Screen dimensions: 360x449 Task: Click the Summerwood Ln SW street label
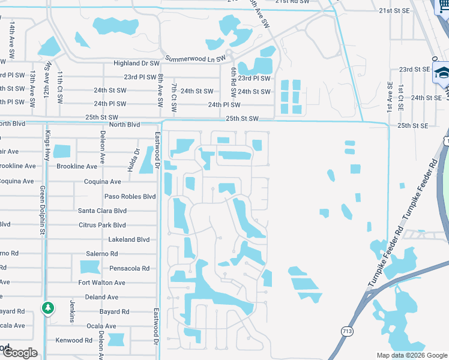click(x=194, y=58)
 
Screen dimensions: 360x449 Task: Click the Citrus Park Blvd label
click(x=102, y=225)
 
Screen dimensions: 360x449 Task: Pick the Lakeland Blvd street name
click(x=128, y=239)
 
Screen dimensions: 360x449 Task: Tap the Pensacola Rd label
click(x=129, y=268)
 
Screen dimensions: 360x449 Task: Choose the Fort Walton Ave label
click(x=101, y=283)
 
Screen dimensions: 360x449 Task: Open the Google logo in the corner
click(x=20, y=353)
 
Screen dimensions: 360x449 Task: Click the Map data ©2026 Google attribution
click(x=411, y=355)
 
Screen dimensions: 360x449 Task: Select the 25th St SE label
click(x=413, y=125)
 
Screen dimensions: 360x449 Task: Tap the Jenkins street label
click(x=72, y=311)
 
